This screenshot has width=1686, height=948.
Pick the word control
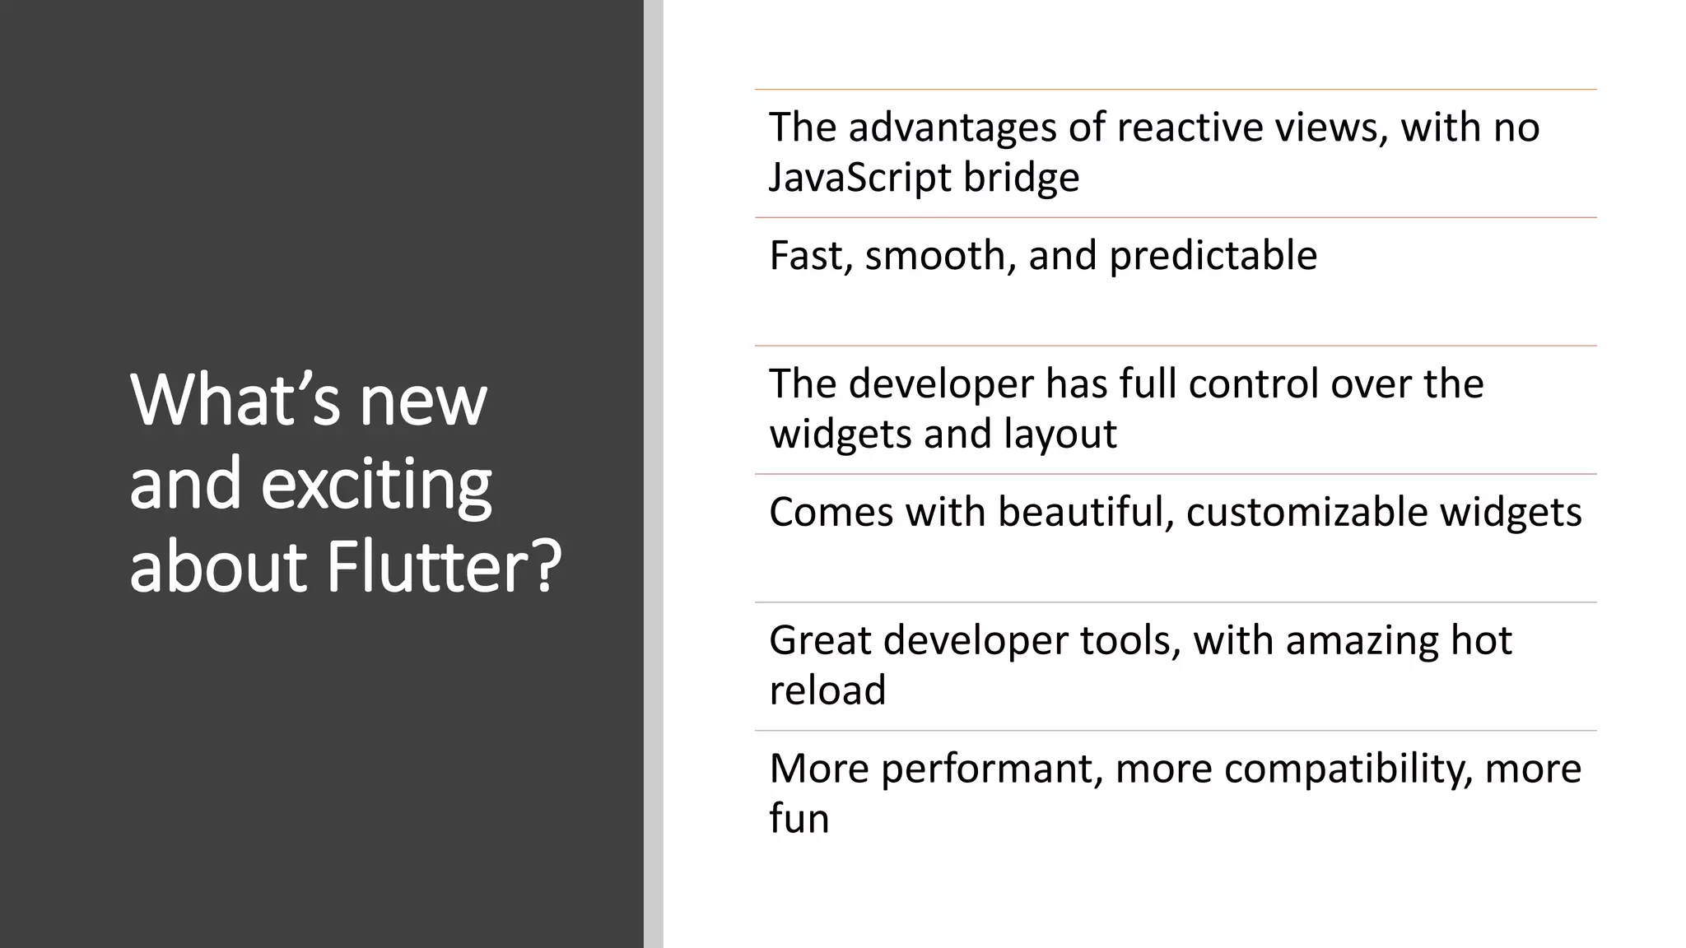tap(1254, 384)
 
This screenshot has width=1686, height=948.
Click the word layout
tap(1060, 434)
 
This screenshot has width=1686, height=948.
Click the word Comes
tap(831, 513)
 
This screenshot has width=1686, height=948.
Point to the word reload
tap(827, 690)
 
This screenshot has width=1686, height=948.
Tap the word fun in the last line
tap(799, 819)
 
